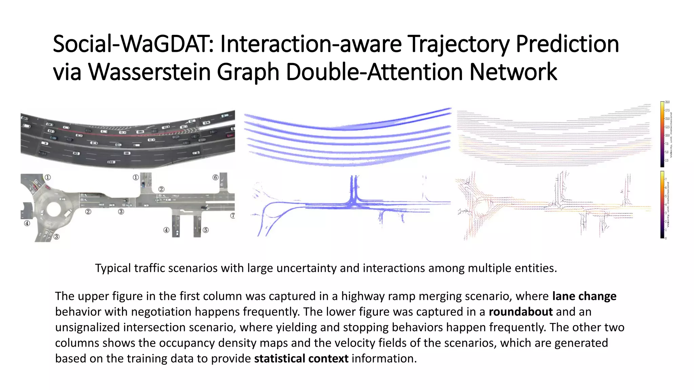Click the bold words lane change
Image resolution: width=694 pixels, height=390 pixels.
click(584, 296)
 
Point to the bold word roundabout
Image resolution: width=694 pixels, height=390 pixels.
click(520, 312)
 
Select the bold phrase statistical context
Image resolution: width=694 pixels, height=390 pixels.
click(301, 359)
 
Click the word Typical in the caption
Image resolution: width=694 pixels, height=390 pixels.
click(113, 268)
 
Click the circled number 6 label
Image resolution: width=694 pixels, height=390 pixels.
click(215, 177)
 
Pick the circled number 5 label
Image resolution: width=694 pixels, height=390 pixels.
click(206, 230)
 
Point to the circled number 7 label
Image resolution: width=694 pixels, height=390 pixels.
click(232, 216)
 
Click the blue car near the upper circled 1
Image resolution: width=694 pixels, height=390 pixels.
click(143, 185)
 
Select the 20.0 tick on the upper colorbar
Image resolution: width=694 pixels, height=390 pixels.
click(667, 102)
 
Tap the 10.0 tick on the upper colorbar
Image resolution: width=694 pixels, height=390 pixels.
click(667, 135)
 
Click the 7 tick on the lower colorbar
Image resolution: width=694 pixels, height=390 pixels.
click(666, 179)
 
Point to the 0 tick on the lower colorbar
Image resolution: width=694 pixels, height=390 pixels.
click(666, 238)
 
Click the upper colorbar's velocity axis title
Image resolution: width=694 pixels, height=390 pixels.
click(671, 135)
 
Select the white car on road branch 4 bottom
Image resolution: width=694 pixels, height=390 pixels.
click(177, 233)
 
